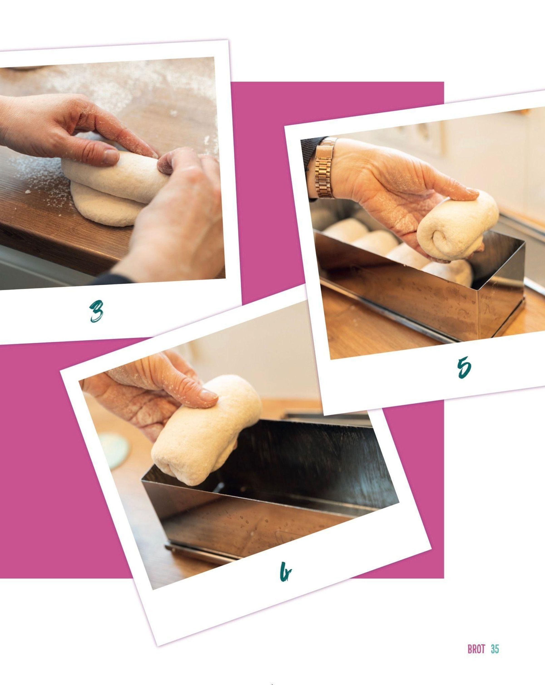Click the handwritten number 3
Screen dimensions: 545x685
[x=96, y=311]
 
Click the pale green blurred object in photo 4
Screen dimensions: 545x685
[x=114, y=448]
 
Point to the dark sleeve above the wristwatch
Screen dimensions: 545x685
[x=310, y=153]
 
